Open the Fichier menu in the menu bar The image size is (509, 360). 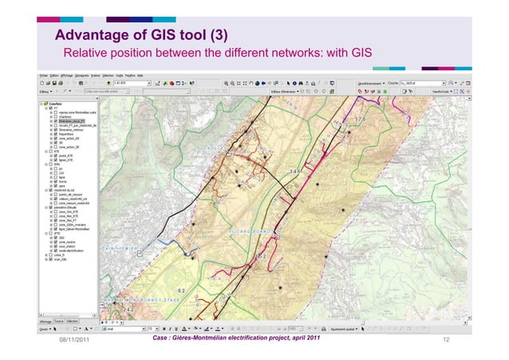[x=44, y=76]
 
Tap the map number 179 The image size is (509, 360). [x=359, y=119]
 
